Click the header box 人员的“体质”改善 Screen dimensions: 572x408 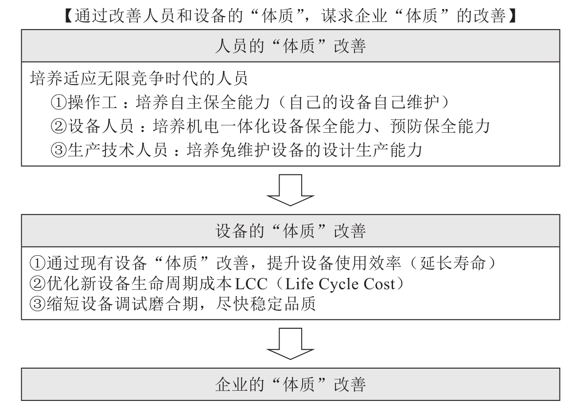pyautogui.click(x=291, y=46)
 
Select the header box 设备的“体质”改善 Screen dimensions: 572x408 pyautogui.click(x=291, y=231)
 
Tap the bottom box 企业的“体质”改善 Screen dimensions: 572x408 pyautogui.click(x=291, y=384)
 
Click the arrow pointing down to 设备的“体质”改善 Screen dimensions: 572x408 pyautogui.click(x=290, y=190)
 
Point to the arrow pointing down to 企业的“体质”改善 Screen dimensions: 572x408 pyautogui.click(x=290, y=344)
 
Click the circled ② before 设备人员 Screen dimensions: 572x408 pyautogui.click(x=59, y=127)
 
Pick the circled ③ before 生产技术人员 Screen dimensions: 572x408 pyautogui.click(x=59, y=150)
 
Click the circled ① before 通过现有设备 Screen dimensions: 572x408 pyautogui.click(x=38, y=263)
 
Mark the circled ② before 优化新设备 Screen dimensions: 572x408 pyautogui.click(x=38, y=284)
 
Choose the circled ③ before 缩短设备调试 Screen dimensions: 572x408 pyautogui.click(x=38, y=304)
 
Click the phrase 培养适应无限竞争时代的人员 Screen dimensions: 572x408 pyautogui.click(x=139, y=78)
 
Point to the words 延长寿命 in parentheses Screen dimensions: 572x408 pyautogui.click(x=452, y=263)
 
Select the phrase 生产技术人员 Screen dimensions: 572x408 pyautogui.click(x=118, y=150)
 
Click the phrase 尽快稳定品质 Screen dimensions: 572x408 pyautogui.click(x=266, y=304)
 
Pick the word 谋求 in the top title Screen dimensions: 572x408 pyautogui.click(x=337, y=15)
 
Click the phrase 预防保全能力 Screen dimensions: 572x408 pyautogui.click(x=440, y=126)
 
